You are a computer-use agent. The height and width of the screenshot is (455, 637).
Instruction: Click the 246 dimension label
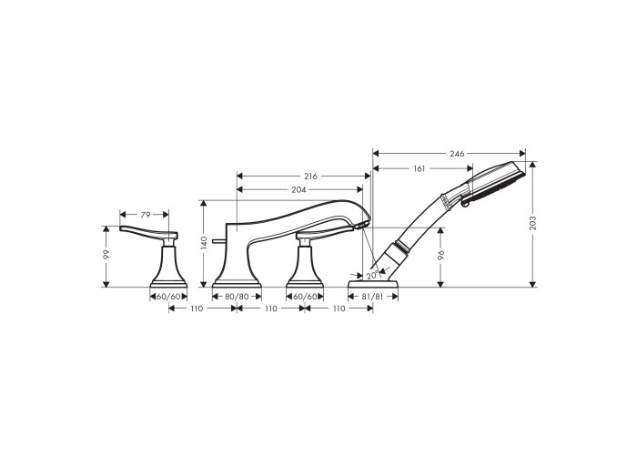click(457, 154)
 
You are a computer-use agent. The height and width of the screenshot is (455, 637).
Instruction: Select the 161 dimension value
click(419, 168)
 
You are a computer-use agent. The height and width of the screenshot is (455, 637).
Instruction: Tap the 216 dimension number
click(311, 177)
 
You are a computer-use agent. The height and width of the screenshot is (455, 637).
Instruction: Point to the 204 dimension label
click(299, 189)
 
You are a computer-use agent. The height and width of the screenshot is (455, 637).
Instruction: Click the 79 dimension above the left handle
click(146, 215)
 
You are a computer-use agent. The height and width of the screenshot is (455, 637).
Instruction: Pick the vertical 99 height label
click(106, 255)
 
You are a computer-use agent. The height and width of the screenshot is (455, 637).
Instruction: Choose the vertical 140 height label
click(204, 243)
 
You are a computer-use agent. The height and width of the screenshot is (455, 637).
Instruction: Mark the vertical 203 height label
click(533, 223)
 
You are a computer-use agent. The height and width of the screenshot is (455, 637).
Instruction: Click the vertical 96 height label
click(441, 255)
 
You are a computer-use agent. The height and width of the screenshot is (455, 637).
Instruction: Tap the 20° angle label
click(372, 276)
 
